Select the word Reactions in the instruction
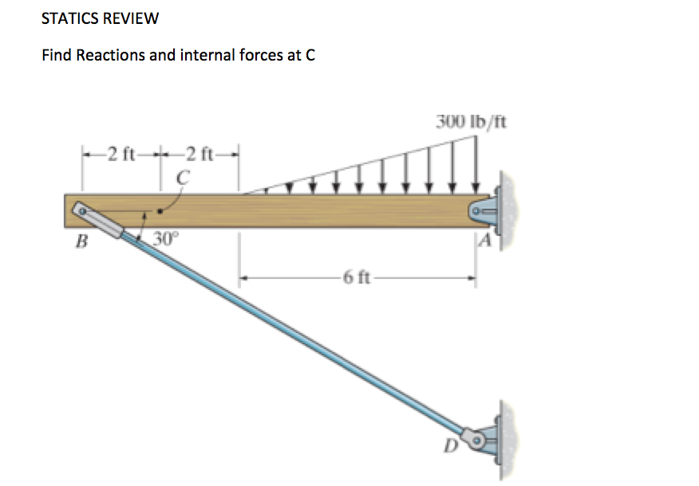pos(107,56)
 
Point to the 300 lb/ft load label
pos(471,122)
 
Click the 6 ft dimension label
pos(356,278)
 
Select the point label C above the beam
pos(182,178)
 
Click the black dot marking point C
pos(163,212)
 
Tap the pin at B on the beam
pos(81,210)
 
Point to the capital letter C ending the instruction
pos(310,56)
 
